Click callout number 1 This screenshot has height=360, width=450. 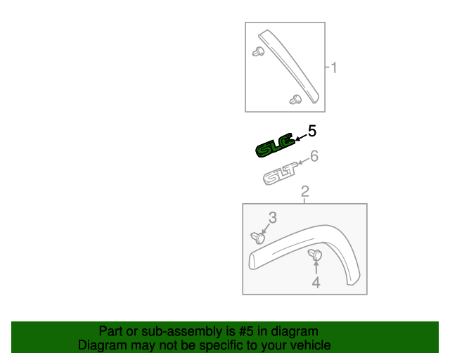click(334, 68)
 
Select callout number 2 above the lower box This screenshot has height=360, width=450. click(304, 191)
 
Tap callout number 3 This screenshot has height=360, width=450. click(272, 218)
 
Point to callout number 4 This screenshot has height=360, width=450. click(316, 283)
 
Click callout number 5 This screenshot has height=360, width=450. click(312, 131)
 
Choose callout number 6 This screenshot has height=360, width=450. click(314, 156)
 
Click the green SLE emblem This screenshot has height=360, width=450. click(274, 146)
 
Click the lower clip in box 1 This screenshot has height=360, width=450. click(295, 100)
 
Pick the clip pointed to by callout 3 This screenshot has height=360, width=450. click(258, 238)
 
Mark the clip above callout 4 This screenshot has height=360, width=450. click(315, 254)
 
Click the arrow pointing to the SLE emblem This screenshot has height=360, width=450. click(300, 137)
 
